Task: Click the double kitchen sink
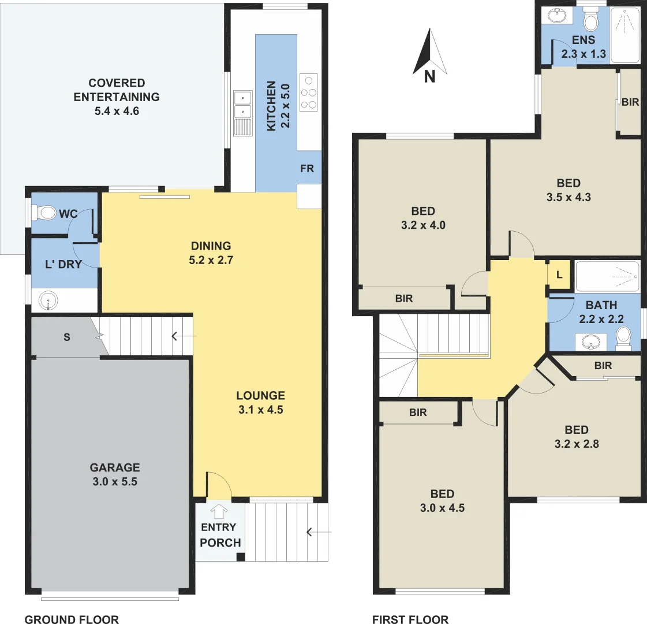point(243,104)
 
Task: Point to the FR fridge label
point(307,169)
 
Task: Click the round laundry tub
point(48,300)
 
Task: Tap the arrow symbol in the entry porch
point(219,511)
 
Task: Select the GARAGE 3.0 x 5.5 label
point(114,474)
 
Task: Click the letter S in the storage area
point(67,337)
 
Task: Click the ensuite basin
point(557,17)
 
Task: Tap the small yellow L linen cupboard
point(559,276)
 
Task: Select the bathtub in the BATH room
point(607,276)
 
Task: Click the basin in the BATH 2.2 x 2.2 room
point(590,342)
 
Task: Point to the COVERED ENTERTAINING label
point(117,96)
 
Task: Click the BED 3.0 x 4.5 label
point(442,501)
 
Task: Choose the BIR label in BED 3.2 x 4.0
point(404,298)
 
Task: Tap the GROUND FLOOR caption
point(72,619)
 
